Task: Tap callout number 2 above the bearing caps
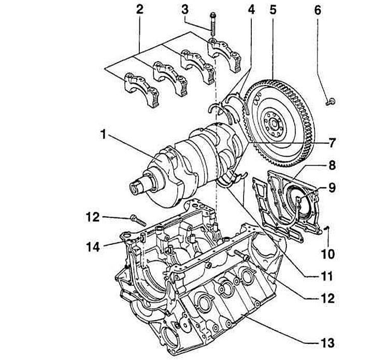click(x=139, y=9)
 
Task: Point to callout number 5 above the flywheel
click(x=273, y=9)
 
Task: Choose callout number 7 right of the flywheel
click(x=332, y=142)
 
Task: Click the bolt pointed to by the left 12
click(x=136, y=219)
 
